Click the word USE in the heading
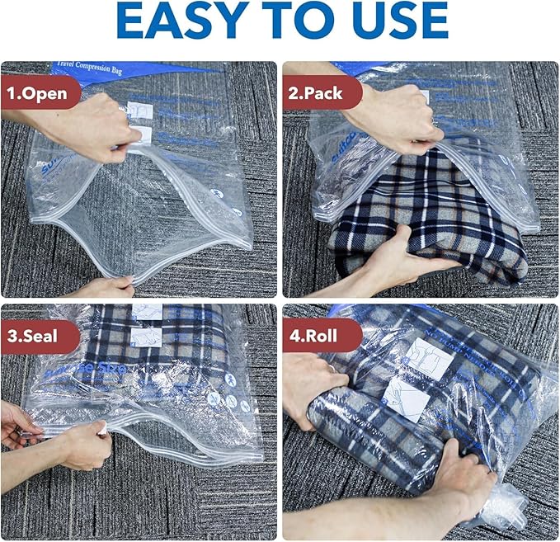[397, 21]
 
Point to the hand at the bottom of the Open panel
[107, 286]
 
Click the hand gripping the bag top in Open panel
[91, 128]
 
